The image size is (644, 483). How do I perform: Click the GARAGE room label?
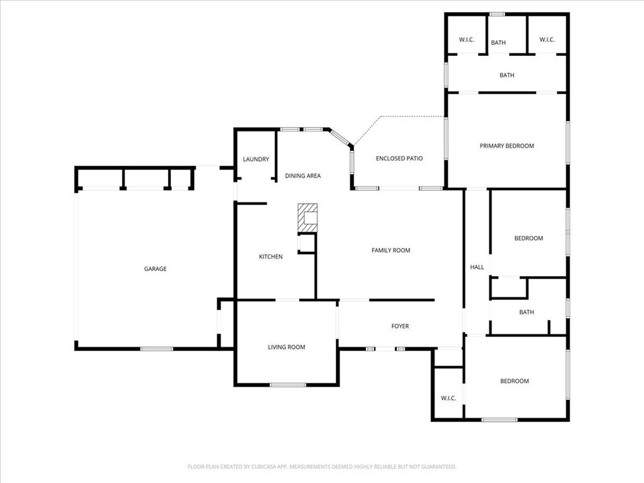point(155,269)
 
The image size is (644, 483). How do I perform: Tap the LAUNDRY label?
point(256,159)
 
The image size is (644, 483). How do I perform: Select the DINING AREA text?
point(303,175)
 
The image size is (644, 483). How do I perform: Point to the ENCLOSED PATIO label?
point(399,158)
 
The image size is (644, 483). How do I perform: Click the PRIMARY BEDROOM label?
point(507,146)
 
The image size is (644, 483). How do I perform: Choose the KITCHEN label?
point(271,257)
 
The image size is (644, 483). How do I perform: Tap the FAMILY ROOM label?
point(391,250)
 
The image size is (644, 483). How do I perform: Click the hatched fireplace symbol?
point(308,218)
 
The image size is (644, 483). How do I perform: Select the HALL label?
point(477,267)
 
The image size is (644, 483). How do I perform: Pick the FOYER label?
point(400,326)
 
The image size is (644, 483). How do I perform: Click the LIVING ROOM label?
point(287,347)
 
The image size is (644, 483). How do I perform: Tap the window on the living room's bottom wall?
point(288,385)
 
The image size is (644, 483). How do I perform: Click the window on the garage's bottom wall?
point(157,348)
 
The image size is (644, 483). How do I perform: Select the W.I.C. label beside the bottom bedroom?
point(448,398)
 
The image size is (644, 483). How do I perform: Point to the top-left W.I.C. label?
point(466,40)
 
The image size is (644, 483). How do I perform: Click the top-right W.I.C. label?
point(547,40)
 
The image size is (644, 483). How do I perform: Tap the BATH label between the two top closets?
point(498,43)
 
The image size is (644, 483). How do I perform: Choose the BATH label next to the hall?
point(526,312)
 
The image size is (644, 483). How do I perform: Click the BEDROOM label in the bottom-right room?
point(514,381)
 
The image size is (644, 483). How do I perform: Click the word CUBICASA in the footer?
point(252,467)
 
